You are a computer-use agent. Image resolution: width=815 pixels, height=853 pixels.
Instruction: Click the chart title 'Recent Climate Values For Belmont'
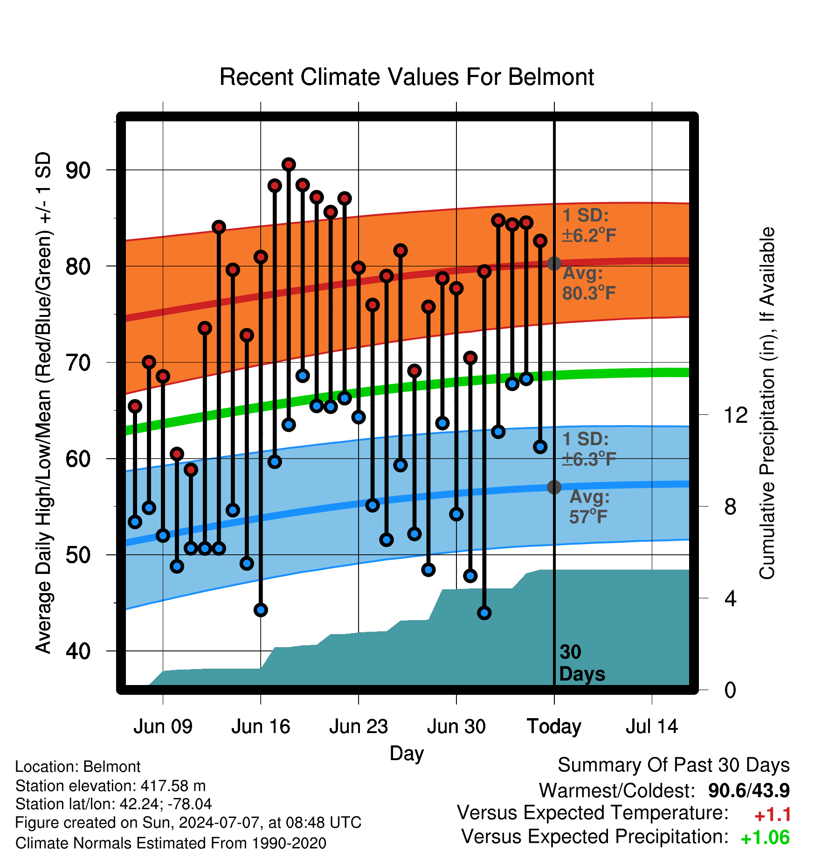(x=407, y=77)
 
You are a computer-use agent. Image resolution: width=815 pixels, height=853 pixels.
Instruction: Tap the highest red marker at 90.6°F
(x=289, y=165)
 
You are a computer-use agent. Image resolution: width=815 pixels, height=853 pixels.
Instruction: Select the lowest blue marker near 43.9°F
(x=484, y=613)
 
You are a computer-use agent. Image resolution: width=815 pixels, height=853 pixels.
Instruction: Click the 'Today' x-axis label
(x=554, y=727)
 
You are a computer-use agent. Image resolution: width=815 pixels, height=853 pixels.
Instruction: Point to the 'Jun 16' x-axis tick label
(x=261, y=727)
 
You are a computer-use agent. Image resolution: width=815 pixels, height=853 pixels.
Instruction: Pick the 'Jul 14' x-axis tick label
(x=652, y=727)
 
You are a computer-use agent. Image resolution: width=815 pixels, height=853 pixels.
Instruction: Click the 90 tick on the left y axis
(x=78, y=171)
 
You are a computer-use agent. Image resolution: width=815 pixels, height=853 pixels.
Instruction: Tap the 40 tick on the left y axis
(x=78, y=651)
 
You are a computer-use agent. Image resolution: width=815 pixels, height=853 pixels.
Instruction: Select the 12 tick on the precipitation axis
(x=736, y=415)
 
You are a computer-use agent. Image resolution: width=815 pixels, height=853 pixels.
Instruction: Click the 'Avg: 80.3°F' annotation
(x=589, y=283)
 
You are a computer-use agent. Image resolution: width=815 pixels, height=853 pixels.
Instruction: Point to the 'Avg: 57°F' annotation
(x=589, y=507)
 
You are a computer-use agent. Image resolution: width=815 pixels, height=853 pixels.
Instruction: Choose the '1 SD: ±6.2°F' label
(x=589, y=225)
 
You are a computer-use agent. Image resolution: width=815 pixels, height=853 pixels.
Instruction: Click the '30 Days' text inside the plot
(x=582, y=663)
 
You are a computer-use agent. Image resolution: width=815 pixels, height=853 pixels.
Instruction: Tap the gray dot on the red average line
(x=554, y=264)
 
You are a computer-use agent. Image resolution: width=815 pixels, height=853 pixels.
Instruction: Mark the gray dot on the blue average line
(x=554, y=487)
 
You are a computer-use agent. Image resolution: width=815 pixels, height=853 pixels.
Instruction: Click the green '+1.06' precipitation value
(x=765, y=838)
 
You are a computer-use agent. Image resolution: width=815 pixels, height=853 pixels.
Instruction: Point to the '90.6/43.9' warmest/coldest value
(x=749, y=790)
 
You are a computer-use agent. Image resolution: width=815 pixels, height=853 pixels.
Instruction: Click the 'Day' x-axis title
(x=407, y=754)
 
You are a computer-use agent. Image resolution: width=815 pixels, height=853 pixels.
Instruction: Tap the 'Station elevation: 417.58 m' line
(x=111, y=786)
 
